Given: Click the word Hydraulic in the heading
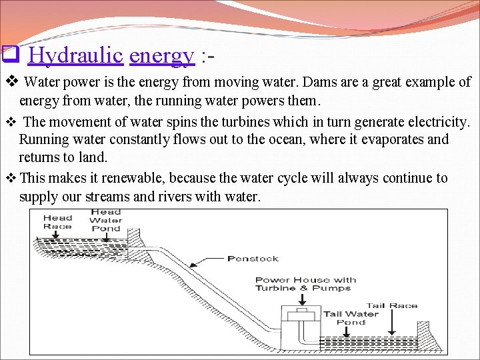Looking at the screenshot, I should click(x=77, y=55).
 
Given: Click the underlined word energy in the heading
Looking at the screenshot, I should click(x=162, y=56).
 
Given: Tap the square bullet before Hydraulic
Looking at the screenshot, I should click(x=9, y=53).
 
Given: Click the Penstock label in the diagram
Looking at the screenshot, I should click(x=253, y=259).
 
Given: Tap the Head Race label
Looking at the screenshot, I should click(x=58, y=221).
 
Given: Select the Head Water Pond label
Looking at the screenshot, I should click(x=105, y=220).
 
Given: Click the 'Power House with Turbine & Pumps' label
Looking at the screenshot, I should click(x=305, y=284).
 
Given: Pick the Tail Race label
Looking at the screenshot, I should click(x=392, y=306).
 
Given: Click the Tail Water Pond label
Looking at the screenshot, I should click(x=351, y=318).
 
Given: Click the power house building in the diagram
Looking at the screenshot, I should click(x=302, y=327).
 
